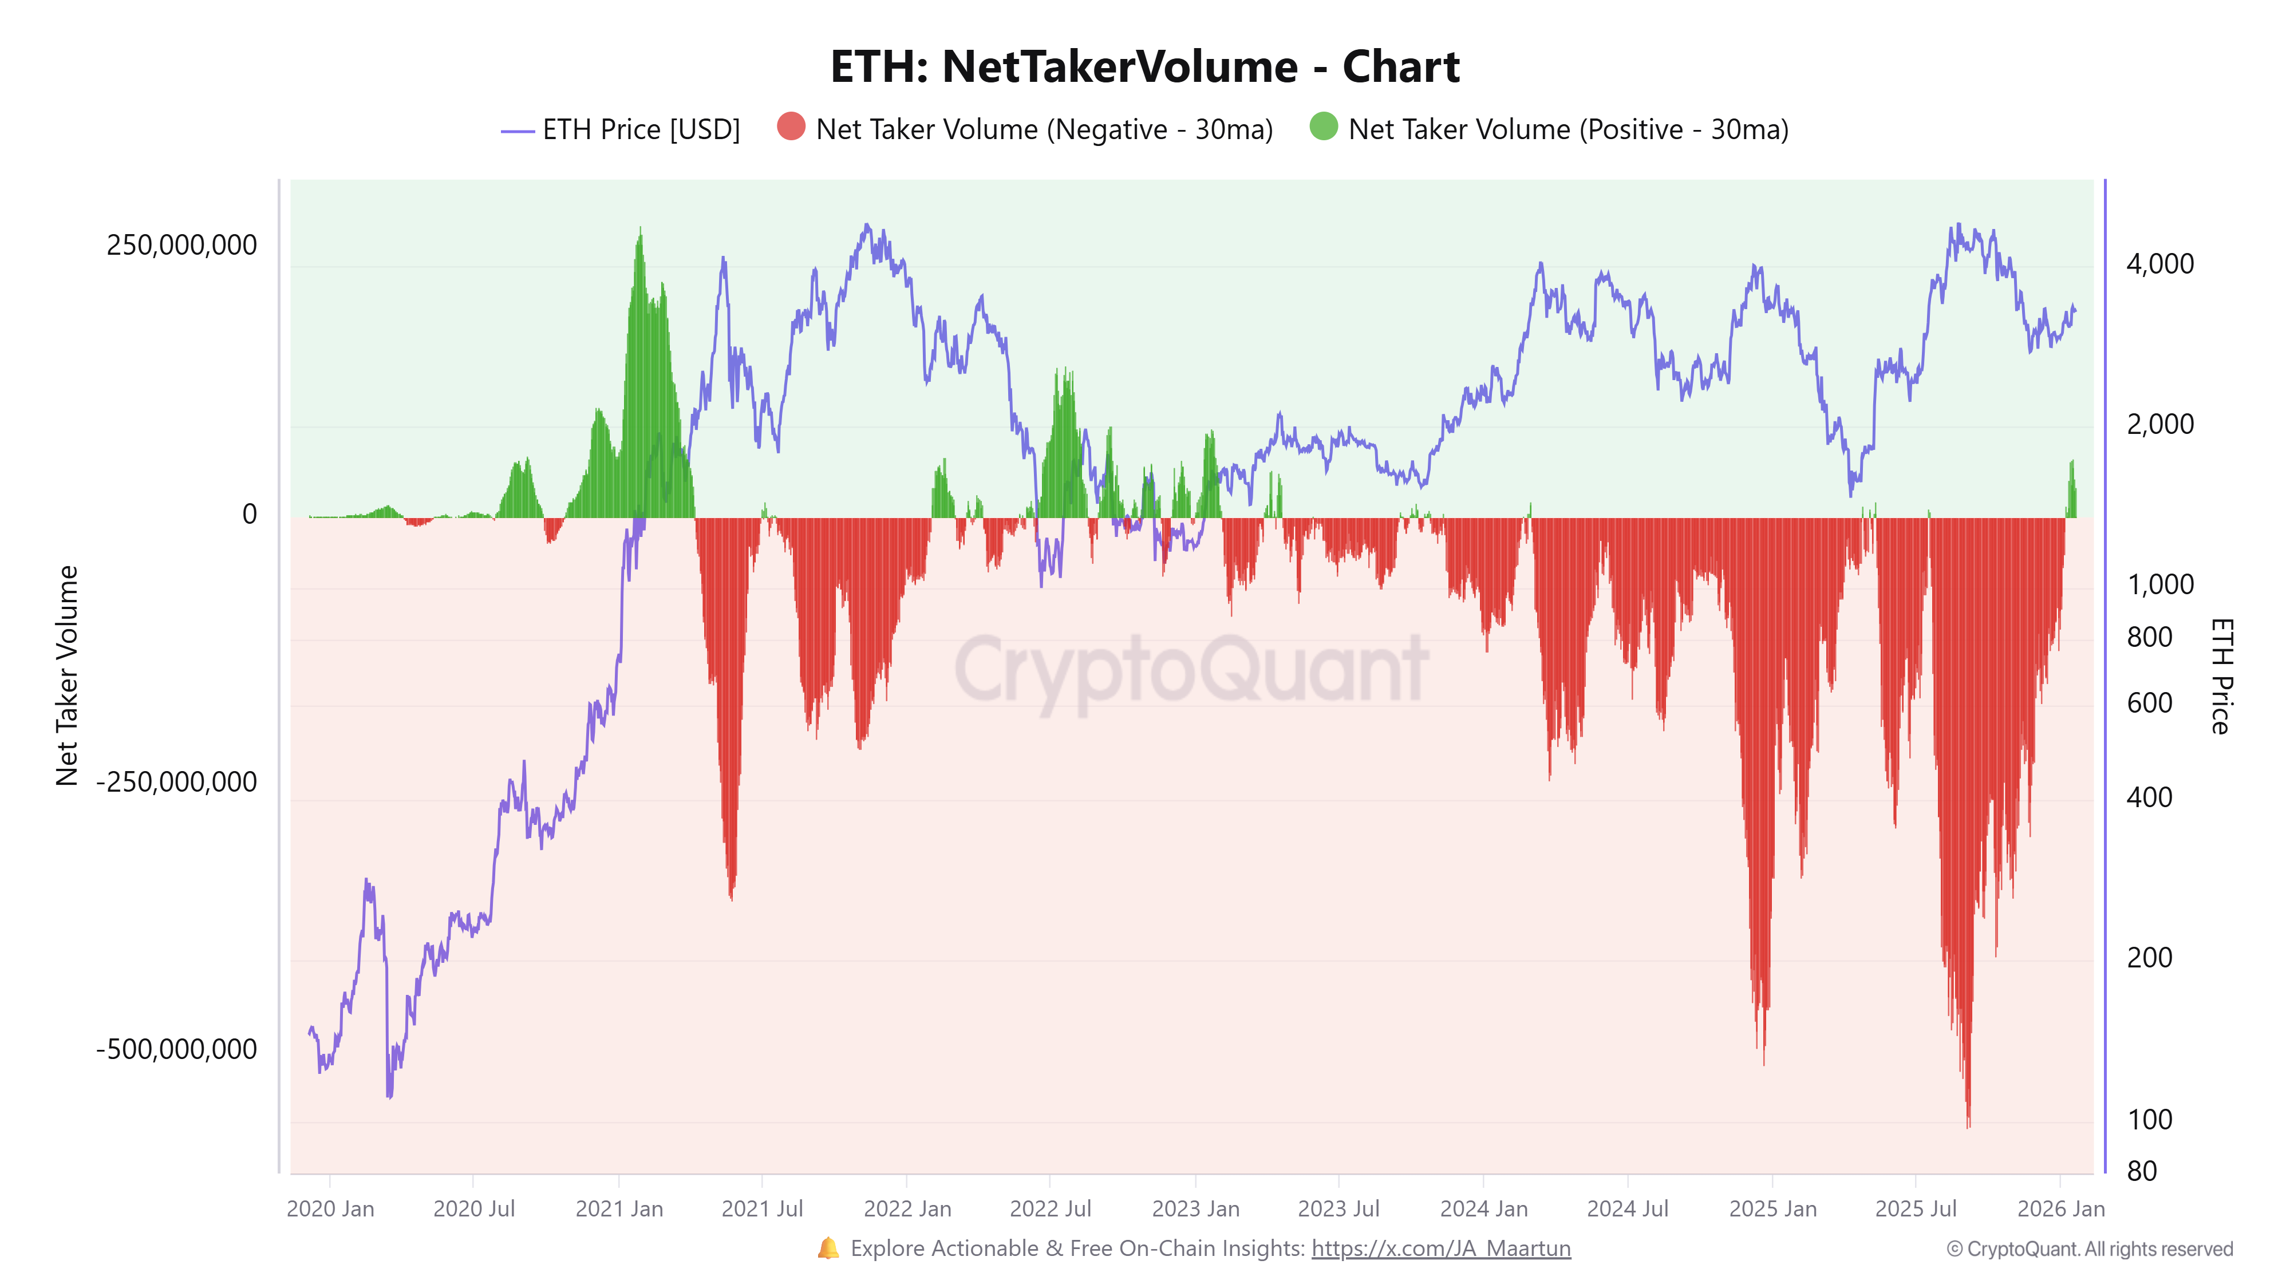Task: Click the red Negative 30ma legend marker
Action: pyautogui.click(x=790, y=127)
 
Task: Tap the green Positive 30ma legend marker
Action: pyautogui.click(x=1323, y=127)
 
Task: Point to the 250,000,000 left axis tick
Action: pyautogui.click(x=181, y=246)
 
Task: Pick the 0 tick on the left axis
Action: pyautogui.click(x=250, y=514)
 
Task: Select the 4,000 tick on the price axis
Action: pyautogui.click(x=2159, y=264)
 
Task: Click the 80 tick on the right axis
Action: pyautogui.click(x=2142, y=1172)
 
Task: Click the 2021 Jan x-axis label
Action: pyautogui.click(x=619, y=1209)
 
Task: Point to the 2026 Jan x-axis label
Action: pyautogui.click(x=2060, y=1209)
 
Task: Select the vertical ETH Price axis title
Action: pyautogui.click(x=2220, y=675)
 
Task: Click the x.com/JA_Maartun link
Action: pyautogui.click(x=1440, y=1249)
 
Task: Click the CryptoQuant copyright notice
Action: pyautogui.click(x=2089, y=1249)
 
